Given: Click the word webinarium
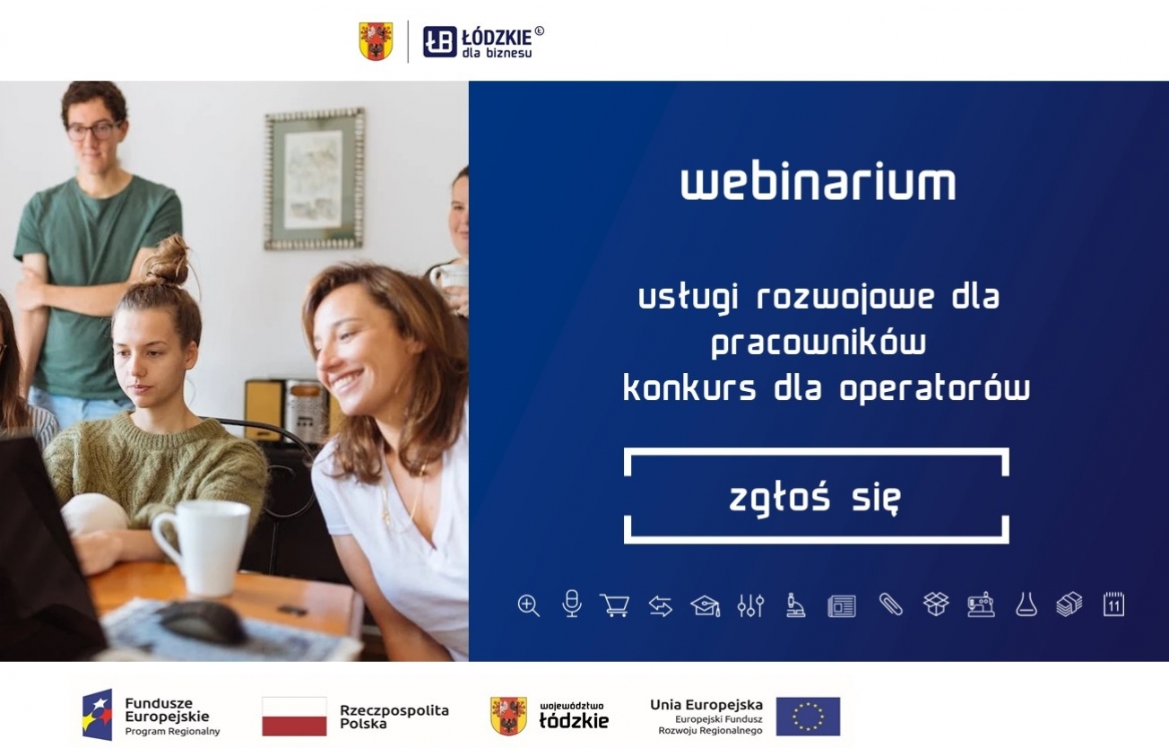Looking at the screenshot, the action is (x=818, y=183).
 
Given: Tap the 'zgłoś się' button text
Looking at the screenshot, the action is (x=815, y=499).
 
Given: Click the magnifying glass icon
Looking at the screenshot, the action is (x=529, y=605).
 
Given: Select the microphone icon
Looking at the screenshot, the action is (x=572, y=604).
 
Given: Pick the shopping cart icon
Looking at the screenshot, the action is (x=615, y=605).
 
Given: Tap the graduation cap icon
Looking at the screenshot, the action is (x=705, y=606).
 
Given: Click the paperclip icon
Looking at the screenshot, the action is (x=890, y=604).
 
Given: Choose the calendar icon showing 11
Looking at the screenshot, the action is (x=1113, y=604).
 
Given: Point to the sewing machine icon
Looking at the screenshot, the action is (x=981, y=604).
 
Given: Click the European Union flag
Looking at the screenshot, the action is (x=808, y=716).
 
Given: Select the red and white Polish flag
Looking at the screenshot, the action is (x=294, y=716).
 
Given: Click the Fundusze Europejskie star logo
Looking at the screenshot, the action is (x=98, y=715).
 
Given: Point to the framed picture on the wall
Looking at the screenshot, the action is (x=315, y=179).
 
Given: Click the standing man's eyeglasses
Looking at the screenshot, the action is (x=92, y=130).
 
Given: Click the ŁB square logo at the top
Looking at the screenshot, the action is (x=439, y=41).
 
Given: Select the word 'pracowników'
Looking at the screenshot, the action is (x=818, y=344).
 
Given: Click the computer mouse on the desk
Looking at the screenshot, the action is (x=202, y=622).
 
